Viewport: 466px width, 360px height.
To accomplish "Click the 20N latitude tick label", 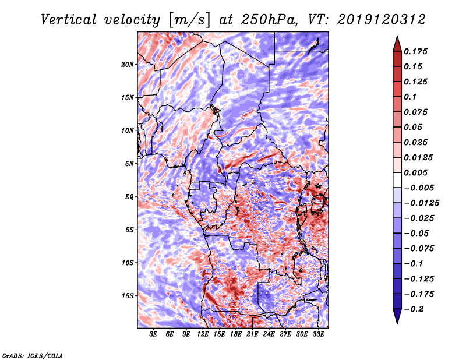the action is tap(128, 65).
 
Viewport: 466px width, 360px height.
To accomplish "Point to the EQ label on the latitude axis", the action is tap(129, 197).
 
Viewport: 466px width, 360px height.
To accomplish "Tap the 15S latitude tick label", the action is tap(128, 296).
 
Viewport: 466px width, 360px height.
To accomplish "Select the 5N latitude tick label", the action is tap(129, 164).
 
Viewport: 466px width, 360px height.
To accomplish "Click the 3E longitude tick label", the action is tap(153, 334).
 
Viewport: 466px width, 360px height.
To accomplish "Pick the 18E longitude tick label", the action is tap(236, 334).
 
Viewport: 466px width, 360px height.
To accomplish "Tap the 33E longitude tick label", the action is tap(318, 334).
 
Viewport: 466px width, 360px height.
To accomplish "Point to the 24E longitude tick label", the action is tap(269, 334).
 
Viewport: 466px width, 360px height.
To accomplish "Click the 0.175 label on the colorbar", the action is tap(415, 51).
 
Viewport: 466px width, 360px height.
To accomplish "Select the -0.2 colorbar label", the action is tap(414, 309).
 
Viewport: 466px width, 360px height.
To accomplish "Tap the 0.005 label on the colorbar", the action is tap(415, 172).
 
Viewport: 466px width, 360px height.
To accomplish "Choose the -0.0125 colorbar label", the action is tap(421, 203).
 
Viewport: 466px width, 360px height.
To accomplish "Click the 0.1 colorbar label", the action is tap(410, 97).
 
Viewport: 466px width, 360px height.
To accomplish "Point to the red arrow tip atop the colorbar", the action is tap(397, 37).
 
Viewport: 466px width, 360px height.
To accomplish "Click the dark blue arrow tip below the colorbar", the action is tap(397, 323).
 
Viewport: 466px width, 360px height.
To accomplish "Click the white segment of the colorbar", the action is tap(397, 180).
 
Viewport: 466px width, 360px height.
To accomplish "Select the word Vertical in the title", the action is tap(69, 20).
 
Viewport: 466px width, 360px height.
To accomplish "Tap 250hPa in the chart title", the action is tap(269, 20).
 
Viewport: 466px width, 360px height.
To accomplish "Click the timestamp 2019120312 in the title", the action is tap(382, 20).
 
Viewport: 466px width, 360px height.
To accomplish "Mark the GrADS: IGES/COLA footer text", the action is tap(33, 355).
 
